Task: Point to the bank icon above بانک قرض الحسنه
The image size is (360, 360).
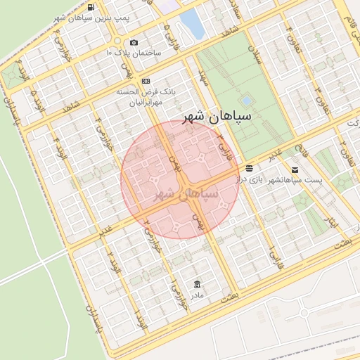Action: tap(146, 82)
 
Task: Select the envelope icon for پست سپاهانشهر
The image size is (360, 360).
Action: tap(294, 169)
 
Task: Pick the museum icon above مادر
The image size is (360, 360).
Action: tap(196, 284)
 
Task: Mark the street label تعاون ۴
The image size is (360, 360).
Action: tap(290, 34)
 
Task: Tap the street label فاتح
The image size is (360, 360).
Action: tap(304, 150)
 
